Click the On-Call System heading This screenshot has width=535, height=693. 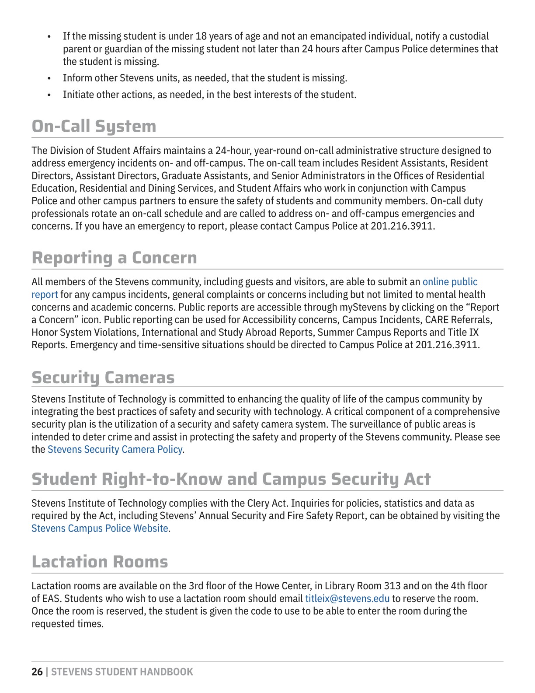tap(94, 126)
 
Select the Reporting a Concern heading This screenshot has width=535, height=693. tap(114, 258)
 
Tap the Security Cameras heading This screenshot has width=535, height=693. tap(103, 378)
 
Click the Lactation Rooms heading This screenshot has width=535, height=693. tap(100, 562)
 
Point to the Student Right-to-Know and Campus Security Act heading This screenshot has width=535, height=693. tap(231, 479)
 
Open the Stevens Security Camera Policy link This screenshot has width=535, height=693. tap(115, 449)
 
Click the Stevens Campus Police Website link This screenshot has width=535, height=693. tap(100, 528)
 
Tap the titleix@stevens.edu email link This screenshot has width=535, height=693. tap(347, 598)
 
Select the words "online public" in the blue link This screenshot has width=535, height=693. tap(450, 282)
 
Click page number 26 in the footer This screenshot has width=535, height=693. tap(37, 672)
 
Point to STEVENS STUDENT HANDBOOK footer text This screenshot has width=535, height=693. tap(122, 672)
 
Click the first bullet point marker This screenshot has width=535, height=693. tap(49, 36)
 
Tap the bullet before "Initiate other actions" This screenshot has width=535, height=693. tap(49, 95)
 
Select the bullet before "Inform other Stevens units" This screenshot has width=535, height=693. tap(49, 78)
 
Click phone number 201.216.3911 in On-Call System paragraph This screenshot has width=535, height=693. tap(402, 226)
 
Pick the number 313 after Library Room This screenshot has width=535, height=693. tap(392, 586)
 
